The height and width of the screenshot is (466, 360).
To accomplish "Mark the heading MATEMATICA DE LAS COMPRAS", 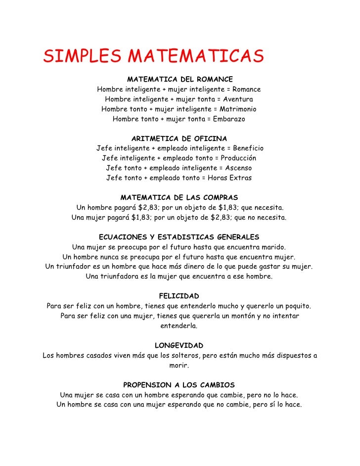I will pyautogui.click(x=180, y=197).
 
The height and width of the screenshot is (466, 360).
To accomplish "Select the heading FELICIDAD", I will pyautogui.click(x=179, y=296).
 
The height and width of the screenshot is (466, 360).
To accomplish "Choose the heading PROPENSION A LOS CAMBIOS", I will pyautogui.click(x=179, y=384).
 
